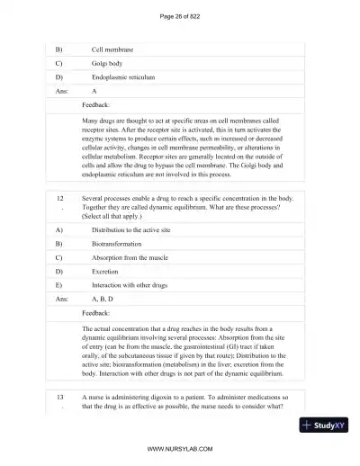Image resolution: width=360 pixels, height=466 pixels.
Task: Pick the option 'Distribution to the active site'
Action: coord(136,229)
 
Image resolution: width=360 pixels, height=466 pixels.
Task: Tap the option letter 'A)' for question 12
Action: coord(59,229)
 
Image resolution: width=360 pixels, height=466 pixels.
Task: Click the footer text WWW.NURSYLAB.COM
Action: coord(180,448)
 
